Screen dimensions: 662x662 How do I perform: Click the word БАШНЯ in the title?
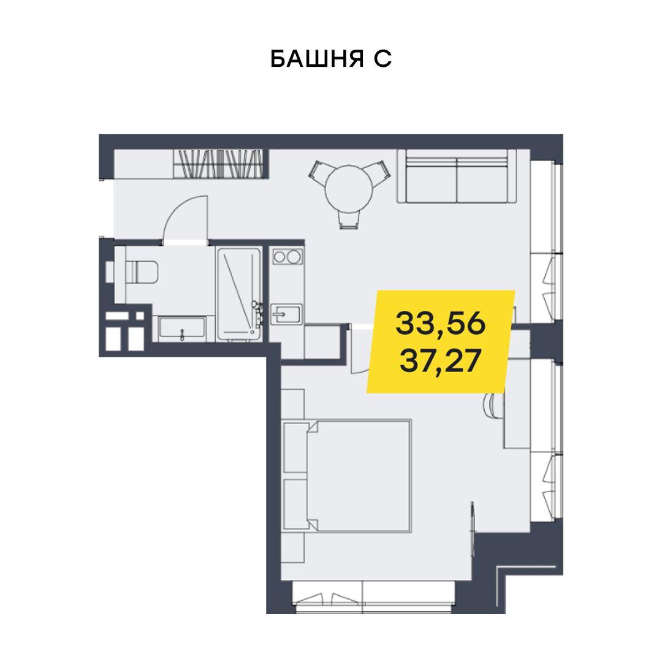click(x=317, y=59)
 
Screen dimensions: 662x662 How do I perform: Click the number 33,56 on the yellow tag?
click(x=441, y=324)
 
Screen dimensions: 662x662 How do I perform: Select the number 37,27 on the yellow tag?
click(x=440, y=362)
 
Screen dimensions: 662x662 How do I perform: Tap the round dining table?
click(x=349, y=189)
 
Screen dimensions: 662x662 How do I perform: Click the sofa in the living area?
click(x=457, y=176)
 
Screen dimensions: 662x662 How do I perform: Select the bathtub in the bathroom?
click(x=239, y=294)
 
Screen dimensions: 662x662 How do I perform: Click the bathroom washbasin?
click(x=182, y=329)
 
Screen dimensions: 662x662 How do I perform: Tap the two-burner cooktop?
click(x=287, y=256)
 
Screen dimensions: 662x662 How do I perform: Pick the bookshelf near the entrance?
click(x=218, y=164)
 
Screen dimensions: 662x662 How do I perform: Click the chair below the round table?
click(x=349, y=219)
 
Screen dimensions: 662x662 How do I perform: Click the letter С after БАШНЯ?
click(x=382, y=59)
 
